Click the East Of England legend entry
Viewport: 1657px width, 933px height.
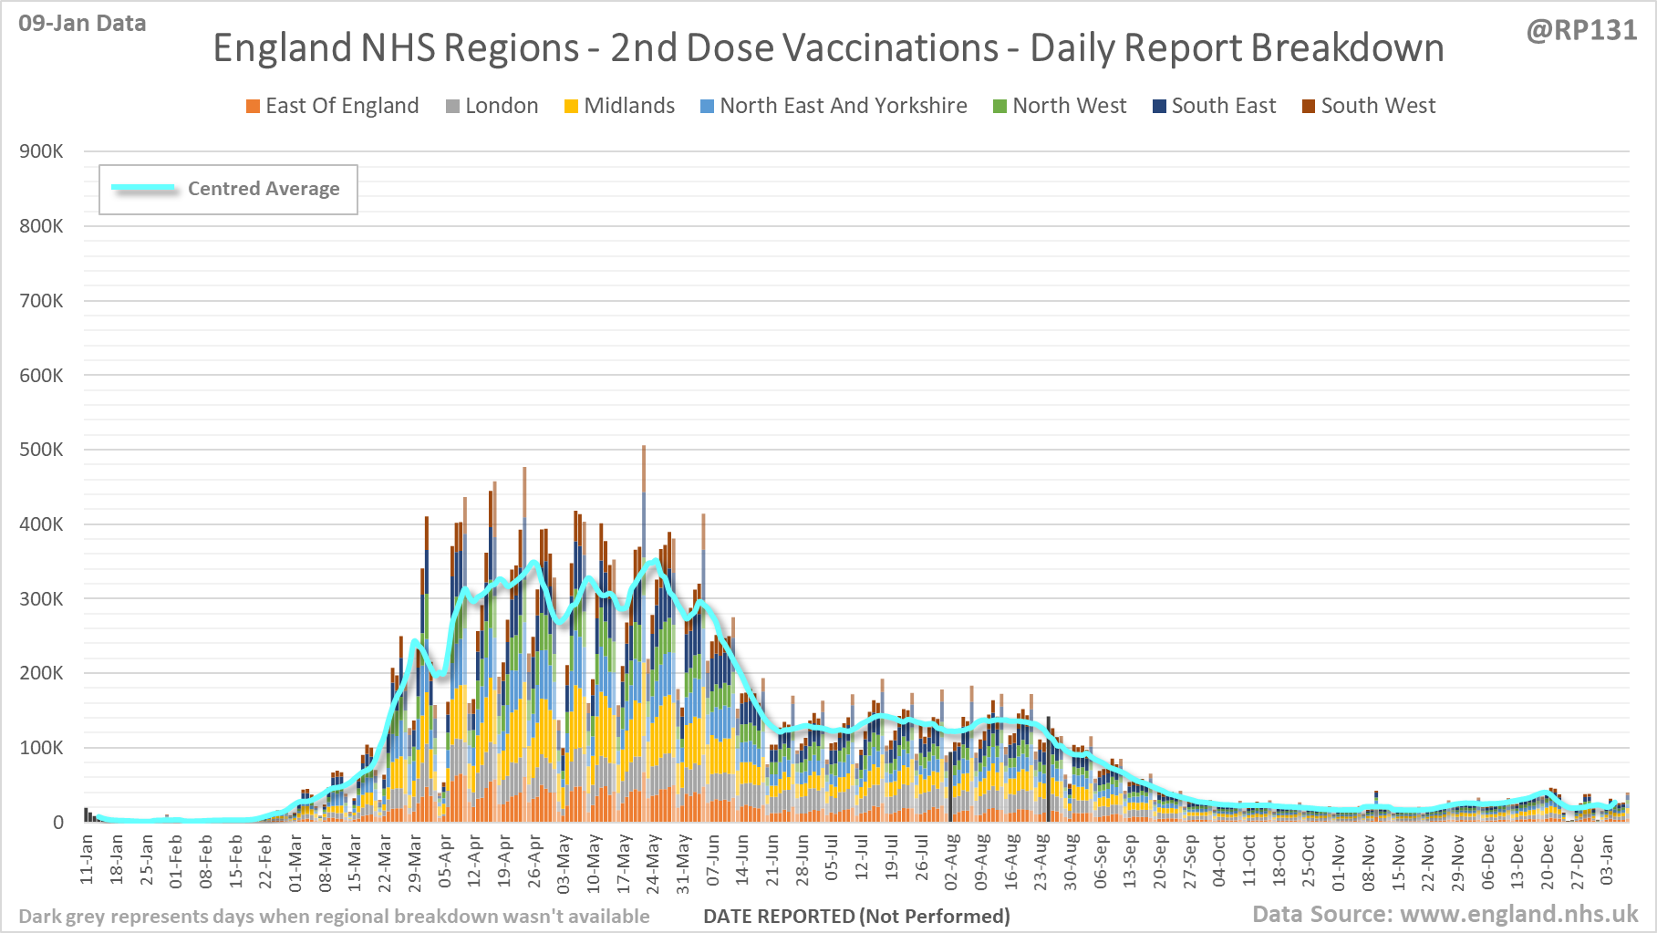(333, 106)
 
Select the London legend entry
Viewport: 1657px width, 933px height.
(492, 106)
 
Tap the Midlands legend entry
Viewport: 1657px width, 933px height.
(620, 106)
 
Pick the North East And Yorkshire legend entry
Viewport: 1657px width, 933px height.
(834, 106)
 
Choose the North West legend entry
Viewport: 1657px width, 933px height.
(1060, 106)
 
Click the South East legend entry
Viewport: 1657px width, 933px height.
(1215, 106)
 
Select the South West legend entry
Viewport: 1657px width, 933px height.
(1369, 106)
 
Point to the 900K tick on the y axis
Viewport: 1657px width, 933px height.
(41, 151)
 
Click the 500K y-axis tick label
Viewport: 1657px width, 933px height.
(41, 450)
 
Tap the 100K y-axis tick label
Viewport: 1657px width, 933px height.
(41, 748)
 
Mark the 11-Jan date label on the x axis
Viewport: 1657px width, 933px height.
(88, 858)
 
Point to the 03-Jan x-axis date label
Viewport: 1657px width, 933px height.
(1607, 859)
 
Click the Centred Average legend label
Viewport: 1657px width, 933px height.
(264, 189)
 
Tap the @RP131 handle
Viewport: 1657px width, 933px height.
(1581, 30)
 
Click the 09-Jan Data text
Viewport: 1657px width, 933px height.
(82, 24)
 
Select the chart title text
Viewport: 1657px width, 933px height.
(828, 48)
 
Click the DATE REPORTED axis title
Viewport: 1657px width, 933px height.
(856, 916)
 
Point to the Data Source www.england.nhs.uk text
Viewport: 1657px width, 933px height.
(1445, 914)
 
